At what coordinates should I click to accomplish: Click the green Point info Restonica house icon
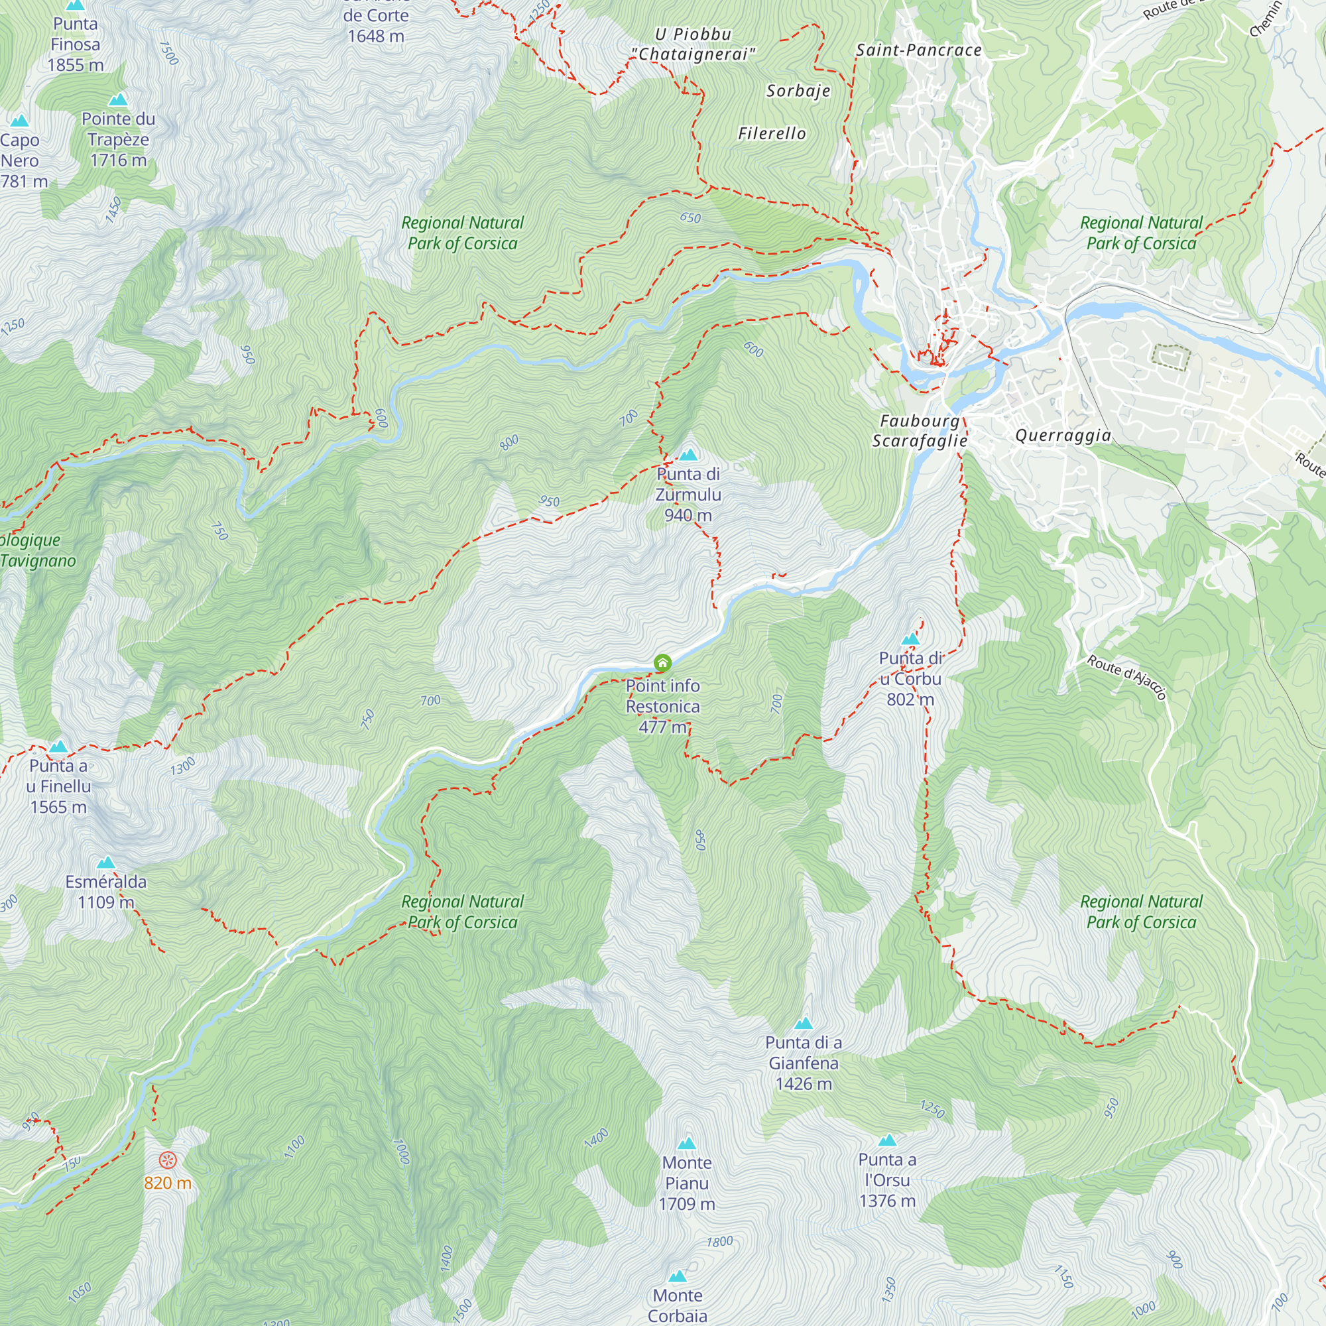pos(662,663)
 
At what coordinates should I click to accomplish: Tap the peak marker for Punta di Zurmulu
pos(688,455)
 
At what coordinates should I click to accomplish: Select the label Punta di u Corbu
pos(910,678)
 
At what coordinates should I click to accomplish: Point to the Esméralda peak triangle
pos(105,863)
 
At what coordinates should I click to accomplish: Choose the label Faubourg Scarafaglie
pos(920,431)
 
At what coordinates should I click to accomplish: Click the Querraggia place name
pos(1062,435)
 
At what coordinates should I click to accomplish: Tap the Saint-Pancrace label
pos(918,50)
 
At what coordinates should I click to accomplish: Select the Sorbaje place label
pos(798,91)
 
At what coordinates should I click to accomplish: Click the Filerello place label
pos(772,134)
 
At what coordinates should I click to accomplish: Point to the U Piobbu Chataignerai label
pos(693,44)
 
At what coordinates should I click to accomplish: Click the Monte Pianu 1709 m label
pos(686,1183)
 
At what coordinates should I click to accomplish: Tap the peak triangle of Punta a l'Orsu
pos(888,1140)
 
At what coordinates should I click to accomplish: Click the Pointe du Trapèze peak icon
pos(118,100)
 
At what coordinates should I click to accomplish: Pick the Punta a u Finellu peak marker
pos(58,747)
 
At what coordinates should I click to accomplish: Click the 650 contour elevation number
pos(690,218)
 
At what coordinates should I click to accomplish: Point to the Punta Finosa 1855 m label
pos(76,44)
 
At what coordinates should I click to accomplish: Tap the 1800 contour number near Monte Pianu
pos(720,1242)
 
